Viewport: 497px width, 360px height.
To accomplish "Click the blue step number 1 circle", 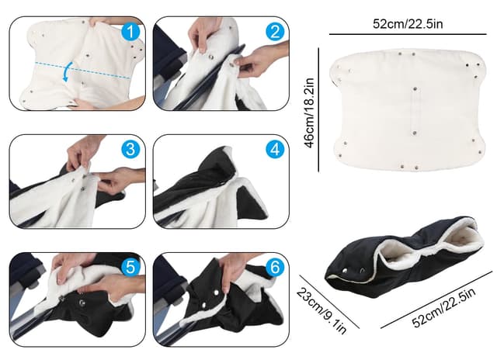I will [x=130, y=33].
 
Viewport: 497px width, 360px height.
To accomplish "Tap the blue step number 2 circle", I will [x=273, y=33].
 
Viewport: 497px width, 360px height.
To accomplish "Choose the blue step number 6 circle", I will [x=273, y=267].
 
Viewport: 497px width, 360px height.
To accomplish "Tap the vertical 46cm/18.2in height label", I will [x=309, y=110].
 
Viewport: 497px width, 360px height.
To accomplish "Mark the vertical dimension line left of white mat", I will [x=320, y=110].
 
